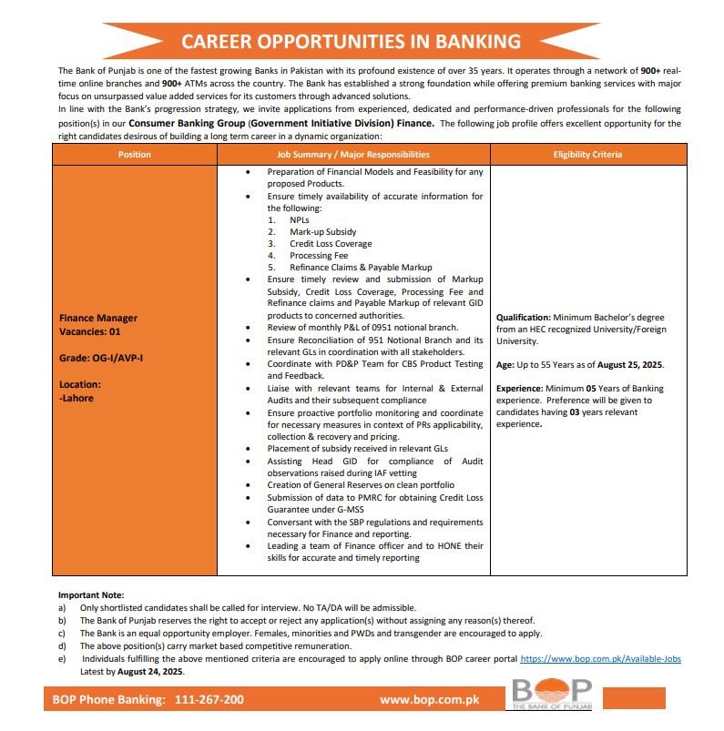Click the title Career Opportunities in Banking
click(351, 42)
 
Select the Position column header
click(135, 155)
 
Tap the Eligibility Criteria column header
click(587, 155)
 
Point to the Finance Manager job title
click(98, 318)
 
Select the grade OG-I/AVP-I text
click(100, 358)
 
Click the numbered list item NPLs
click(301, 220)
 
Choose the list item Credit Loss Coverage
click(331, 244)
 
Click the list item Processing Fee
click(319, 256)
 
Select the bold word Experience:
click(519, 388)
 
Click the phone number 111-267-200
click(205, 700)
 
